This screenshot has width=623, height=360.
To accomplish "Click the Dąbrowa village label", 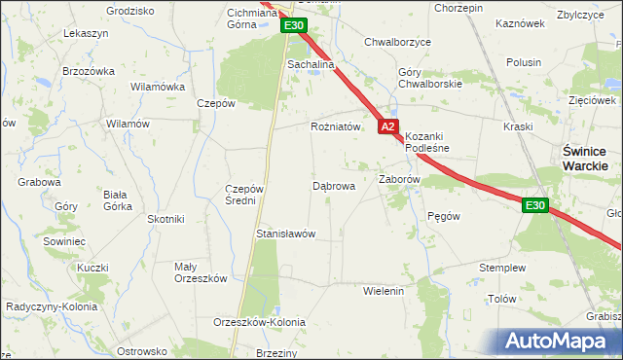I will point(333,185).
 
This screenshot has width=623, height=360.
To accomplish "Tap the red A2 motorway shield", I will point(388,126).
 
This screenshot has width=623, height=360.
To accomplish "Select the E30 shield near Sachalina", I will point(297,26).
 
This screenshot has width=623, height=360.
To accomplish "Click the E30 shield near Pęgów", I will point(534,205).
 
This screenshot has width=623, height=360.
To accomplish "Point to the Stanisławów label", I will point(284,234).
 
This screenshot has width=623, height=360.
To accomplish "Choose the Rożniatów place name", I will point(336,126).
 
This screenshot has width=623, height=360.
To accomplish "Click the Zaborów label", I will point(398,180).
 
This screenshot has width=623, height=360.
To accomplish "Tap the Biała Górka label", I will point(117,199).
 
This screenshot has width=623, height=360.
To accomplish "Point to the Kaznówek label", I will point(519,22).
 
